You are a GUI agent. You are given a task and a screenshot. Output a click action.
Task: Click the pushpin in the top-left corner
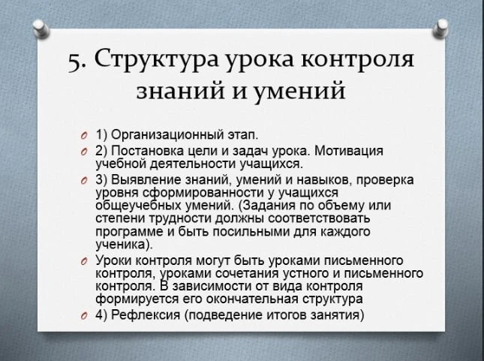[x=41, y=29]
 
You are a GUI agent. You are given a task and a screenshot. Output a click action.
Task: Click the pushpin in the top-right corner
[x=440, y=29]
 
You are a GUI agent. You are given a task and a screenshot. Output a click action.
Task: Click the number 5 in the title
[x=74, y=63]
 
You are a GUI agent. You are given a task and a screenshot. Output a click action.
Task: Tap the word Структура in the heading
[x=156, y=59]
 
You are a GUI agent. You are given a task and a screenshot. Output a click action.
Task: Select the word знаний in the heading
[x=180, y=91]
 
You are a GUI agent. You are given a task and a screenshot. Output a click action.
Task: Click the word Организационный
[x=167, y=135]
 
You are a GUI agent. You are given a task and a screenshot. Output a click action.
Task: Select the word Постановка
[x=147, y=151]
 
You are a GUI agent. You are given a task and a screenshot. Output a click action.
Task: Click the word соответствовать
[x=319, y=218]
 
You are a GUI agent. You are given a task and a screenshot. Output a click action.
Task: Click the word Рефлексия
[x=146, y=314]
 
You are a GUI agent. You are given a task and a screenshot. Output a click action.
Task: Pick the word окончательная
[x=252, y=299]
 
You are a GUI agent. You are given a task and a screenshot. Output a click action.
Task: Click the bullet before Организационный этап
[x=83, y=136]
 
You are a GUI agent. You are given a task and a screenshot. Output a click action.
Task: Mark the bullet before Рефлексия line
[x=83, y=315]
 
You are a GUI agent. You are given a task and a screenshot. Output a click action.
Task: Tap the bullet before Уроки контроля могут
[x=83, y=261]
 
